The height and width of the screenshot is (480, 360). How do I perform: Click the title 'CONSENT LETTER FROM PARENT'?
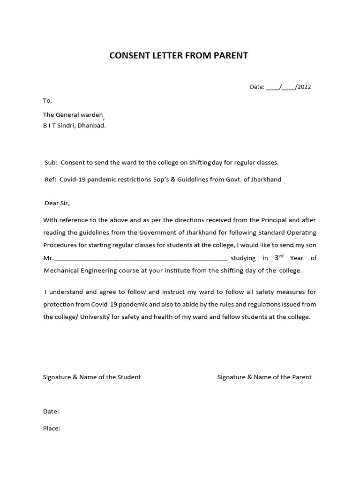[178, 56]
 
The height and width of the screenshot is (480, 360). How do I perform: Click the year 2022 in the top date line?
[303, 87]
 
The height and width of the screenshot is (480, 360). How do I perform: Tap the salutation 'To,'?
[48, 100]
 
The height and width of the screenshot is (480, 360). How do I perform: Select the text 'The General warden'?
[73, 115]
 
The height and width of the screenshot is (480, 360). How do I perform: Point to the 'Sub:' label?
[51, 163]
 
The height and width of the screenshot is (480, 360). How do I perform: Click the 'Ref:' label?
[50, 180]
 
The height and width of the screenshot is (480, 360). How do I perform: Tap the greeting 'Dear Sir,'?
[57, 203]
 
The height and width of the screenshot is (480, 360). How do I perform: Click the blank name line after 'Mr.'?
[141, 258]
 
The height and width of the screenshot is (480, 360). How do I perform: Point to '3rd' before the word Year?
[279, 257]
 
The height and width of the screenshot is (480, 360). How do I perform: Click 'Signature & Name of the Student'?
[92, 377]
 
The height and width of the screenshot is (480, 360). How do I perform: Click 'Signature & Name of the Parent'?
[264, 377]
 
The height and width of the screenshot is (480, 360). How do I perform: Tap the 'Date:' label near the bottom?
[51, 411]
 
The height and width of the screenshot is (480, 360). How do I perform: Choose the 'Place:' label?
[52, 428]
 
